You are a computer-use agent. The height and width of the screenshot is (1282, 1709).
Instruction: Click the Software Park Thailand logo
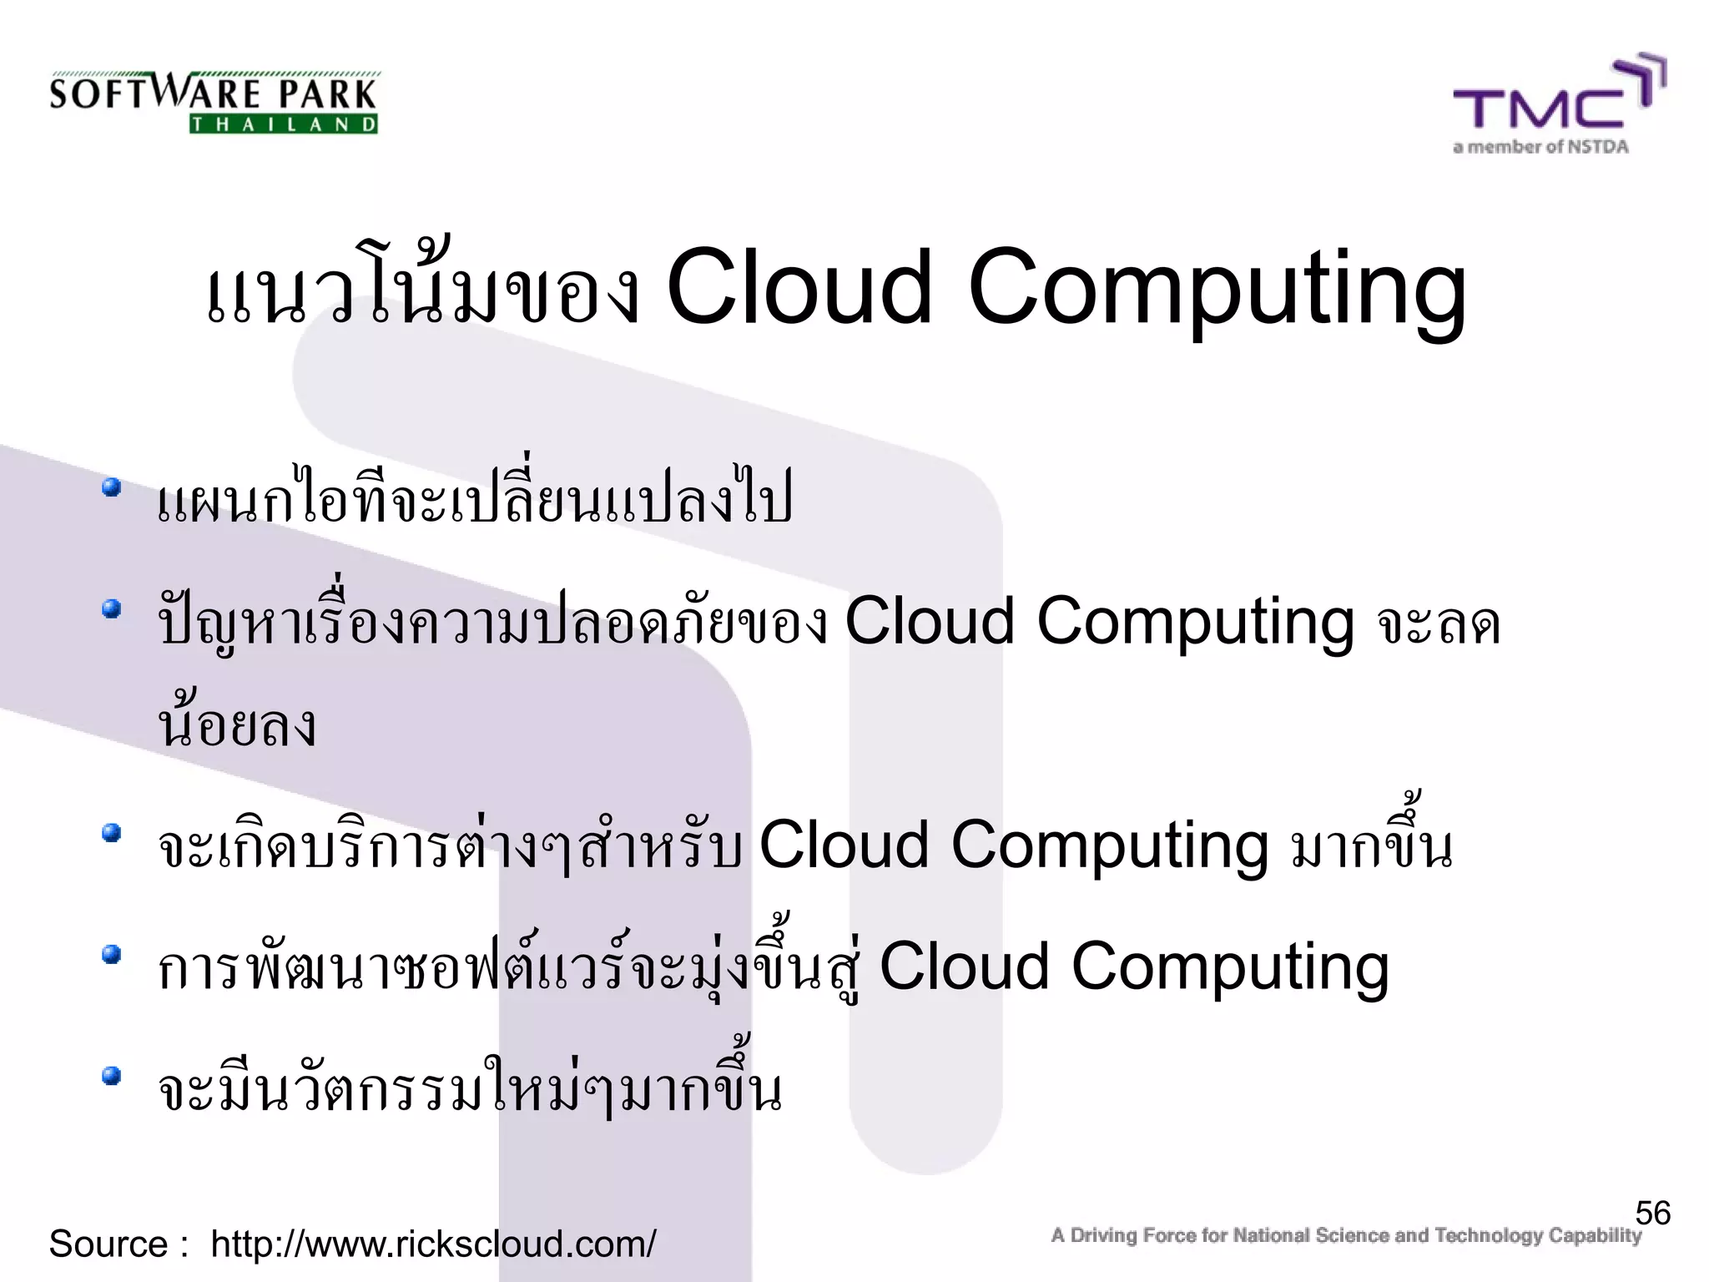(x=214, y=102)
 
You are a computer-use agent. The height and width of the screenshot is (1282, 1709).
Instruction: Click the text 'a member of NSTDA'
(x=1540, y=147)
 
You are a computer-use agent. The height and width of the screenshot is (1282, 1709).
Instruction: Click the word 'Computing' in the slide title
(x=1217, y=290)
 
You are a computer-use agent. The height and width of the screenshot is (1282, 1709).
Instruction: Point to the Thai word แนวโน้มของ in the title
(x=423, y=288)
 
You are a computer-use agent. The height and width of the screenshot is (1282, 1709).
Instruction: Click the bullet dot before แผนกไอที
(x=111, y=487)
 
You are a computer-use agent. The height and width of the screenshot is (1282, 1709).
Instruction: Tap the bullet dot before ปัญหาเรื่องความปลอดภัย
(x=111, y=609)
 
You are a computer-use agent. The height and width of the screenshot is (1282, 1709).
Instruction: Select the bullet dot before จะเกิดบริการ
(x=111, y=833)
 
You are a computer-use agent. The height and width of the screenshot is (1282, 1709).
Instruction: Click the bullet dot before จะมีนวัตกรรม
(x=111, y=1076)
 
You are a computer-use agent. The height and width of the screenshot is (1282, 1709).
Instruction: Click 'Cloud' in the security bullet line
(x=930, y=622)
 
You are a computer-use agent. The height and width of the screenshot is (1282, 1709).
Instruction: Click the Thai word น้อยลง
(x=237, y=722)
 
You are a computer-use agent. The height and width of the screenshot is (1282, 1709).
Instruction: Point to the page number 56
(x=1652, y=1213)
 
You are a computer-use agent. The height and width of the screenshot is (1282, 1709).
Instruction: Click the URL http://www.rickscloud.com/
(x=433, y=1244)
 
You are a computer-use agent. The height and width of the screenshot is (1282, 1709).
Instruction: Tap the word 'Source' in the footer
(x=108, y=1244)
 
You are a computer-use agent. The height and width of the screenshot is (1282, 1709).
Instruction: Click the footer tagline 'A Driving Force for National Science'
(x=1345, y=1235)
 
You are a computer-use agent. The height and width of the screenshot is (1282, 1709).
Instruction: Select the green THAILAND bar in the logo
(x=284, y=124)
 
